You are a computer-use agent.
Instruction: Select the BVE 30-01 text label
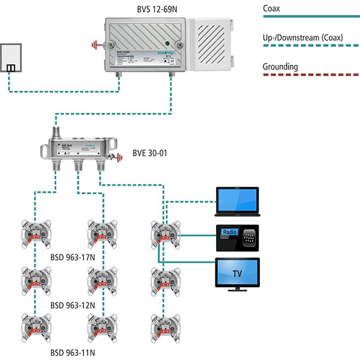[x=149, y=153]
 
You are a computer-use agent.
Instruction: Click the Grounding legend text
[x=281, y=67]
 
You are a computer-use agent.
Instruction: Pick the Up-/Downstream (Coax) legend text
[x=303, y=38]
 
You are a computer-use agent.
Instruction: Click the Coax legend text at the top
[x=272, y=9]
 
